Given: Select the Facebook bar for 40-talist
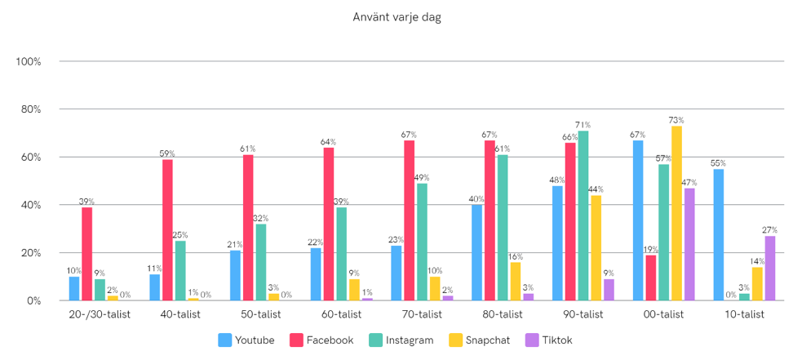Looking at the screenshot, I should (167, 230).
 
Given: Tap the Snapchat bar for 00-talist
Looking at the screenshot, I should (676, 213).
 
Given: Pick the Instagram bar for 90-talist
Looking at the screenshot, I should (583, 216).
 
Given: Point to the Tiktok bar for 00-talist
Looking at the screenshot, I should (689, 244).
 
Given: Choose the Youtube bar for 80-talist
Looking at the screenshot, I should (476, 253).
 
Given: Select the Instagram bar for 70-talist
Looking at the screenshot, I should (422, 242).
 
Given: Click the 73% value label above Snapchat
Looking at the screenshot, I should (676, 120).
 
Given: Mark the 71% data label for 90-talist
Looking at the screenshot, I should (583, 125).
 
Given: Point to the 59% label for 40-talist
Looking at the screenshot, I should (167, 153).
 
